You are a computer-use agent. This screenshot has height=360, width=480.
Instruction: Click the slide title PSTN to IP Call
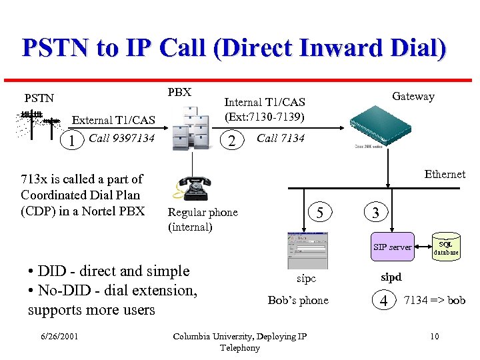pyautogui.click(x=234, y=49)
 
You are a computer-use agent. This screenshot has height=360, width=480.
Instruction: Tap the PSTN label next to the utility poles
pyautogui.click(x=39, y=98)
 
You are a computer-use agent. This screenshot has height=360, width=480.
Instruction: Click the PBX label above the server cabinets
pyautogui.click(x=179, y=92)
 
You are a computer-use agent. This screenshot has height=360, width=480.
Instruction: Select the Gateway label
pyautogui.click(x=413, y=96)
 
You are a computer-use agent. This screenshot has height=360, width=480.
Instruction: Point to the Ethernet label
pyautogui.click(x=445, y=174)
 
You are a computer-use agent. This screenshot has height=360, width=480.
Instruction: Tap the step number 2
pyautogui.click(x=231, y=140)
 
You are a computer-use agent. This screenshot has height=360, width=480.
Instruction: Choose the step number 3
pyautogui.click(x=376, y=213)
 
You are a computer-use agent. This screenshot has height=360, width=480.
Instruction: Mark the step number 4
pyautogui.click(x=383, y=301)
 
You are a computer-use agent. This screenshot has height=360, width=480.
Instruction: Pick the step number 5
pyautogui.click(x=320, y=213)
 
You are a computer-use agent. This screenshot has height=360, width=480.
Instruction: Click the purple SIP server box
pyautogui.click(x=392, y=247)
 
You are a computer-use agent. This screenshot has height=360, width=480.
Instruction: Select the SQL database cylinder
pyautogui.click(x=446, y=247)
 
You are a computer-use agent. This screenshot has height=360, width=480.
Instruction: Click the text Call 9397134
pyautogui.click(x=121, y=138)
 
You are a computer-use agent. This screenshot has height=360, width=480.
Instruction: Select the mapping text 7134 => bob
pyautogui.click(x=435, y=300)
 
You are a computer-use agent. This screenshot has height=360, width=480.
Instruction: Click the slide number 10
pyautogui.click(x=434, y=336)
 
